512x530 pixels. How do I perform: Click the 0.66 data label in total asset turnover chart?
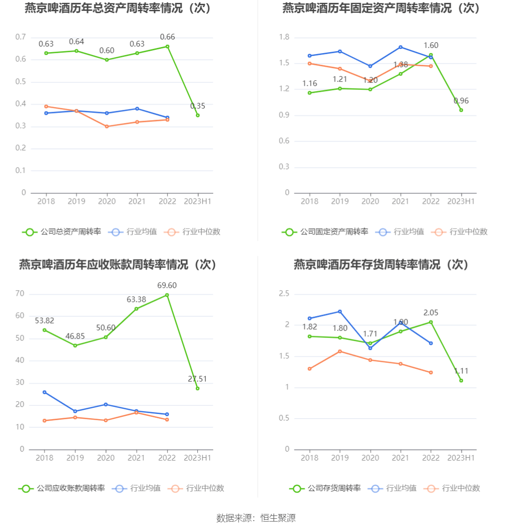click(x=167, y=37)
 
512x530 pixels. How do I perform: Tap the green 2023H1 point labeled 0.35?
click(x=198, y=115)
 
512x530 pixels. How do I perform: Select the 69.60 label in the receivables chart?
click(x=167, y=285)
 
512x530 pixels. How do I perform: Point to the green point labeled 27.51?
click(x=198, y=388)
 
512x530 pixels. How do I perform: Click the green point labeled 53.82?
click(x=45, y=330)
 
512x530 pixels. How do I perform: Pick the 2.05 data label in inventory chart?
click(x=431, y=313)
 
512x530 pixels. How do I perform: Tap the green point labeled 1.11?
click(x=461, y=381)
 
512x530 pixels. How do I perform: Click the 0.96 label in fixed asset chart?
click(x=461, y=101)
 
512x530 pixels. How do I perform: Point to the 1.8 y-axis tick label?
click(x=284, y=38)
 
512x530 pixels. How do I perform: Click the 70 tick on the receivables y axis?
click(x=20, y=294)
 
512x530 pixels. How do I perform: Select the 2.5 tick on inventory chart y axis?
click(x=284, y=294)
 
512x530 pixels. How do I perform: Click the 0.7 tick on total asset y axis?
click(x=21, y=37)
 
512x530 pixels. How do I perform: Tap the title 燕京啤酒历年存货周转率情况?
click(x=381, y=265)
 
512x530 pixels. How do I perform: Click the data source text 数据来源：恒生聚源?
click(x=256, y=518)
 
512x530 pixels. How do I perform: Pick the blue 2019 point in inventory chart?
click(x=340, y=311)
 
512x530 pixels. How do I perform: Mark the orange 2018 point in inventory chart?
click(x=309, y=369)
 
